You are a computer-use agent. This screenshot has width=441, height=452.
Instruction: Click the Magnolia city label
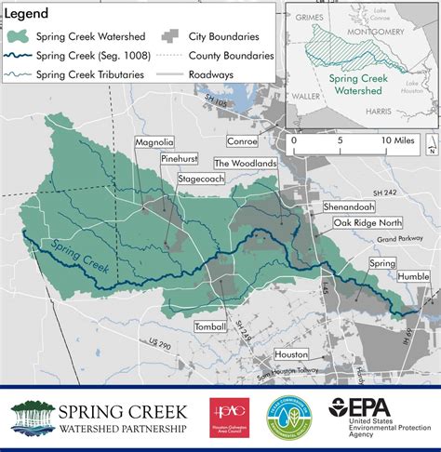tap(155, 142)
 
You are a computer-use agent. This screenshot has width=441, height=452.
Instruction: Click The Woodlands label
tap(246, 162)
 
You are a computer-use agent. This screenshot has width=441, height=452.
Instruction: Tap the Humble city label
tap(411, 277)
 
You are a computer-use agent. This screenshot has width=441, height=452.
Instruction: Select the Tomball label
tap(210, 327)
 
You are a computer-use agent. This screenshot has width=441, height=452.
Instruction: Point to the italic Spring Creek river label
tap(81, 258)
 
